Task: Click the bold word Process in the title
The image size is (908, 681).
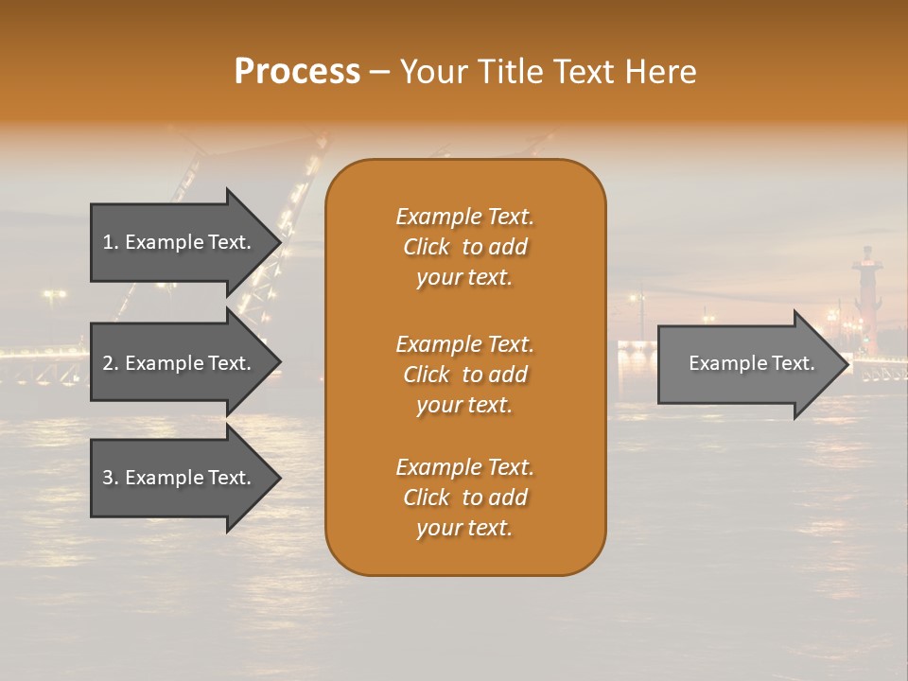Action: coord(297,72)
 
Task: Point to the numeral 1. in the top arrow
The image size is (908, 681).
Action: coord(111,242)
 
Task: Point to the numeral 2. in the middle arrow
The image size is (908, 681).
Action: coord(111,363)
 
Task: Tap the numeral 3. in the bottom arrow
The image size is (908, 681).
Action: coord(111,478)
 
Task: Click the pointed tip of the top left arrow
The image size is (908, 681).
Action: coord(278,242)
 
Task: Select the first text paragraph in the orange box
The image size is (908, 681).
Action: coord(464,247)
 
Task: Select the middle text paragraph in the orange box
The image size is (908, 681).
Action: coord(464,375)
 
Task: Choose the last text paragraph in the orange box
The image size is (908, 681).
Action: coord(464,498)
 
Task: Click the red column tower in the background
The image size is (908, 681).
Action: coord(864,303)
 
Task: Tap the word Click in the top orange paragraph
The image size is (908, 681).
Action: coord(426,247)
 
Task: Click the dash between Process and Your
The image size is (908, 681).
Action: coord(379,72)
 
